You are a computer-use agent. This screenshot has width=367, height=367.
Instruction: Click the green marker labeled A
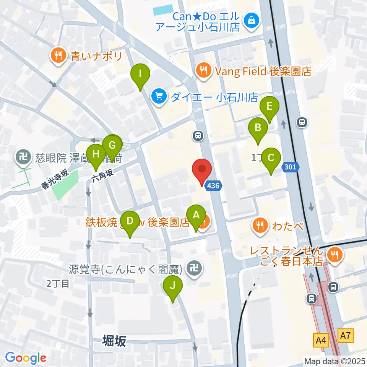click(x=196, y=218)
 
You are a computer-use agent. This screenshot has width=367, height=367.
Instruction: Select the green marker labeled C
click(x=271, y=161)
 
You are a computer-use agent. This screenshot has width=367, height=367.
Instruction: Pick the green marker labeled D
click(x=130, y=224)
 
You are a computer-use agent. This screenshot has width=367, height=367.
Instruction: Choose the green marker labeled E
click(x=270, y=110)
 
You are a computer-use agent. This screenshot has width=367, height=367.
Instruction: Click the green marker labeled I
click(x=140, y=76)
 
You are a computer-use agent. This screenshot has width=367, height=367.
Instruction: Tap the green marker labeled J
click(x=173, y=288)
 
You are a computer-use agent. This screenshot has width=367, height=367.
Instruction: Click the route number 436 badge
click(x=213, y=186)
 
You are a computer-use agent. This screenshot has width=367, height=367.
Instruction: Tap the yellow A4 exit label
click(x=321, y=338)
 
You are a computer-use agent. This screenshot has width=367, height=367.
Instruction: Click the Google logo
click(x=26, y=358)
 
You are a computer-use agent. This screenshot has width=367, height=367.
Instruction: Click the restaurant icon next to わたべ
click(x=260, y=225)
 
